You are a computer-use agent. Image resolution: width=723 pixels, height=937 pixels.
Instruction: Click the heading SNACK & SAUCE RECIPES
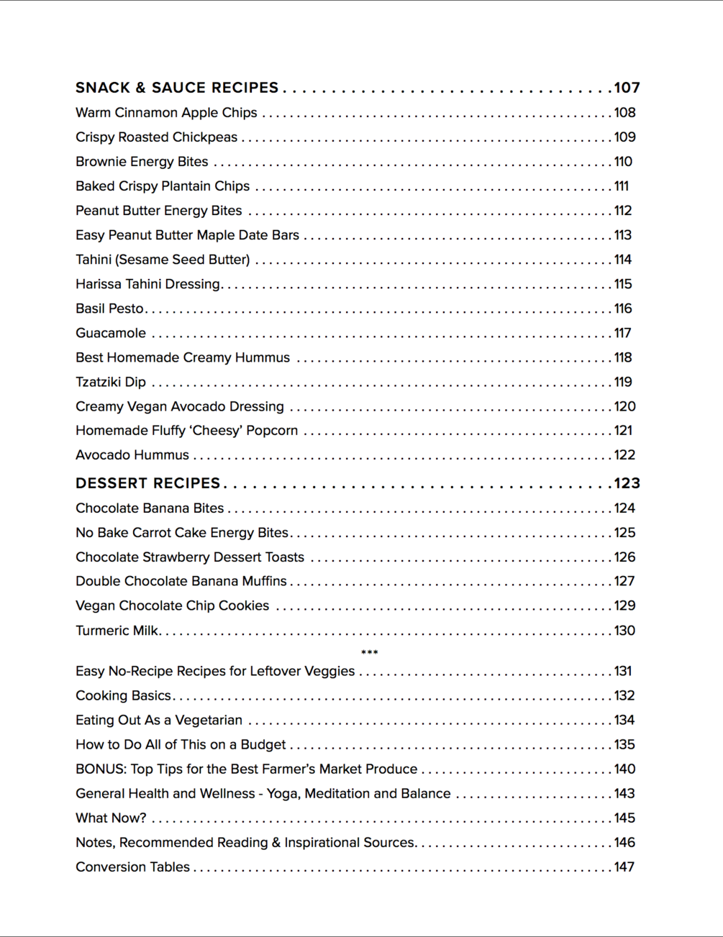pos(177,88)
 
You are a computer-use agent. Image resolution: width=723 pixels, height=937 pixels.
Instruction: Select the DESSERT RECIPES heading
pos(147,483)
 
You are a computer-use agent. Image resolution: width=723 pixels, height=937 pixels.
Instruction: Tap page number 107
pos(627,88)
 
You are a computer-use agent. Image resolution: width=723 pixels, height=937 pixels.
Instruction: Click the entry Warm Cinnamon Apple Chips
pos(166,113)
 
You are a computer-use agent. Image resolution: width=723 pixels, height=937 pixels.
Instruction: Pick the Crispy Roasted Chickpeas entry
pos(156,137)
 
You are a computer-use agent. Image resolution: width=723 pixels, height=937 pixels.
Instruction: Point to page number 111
pos(622,186)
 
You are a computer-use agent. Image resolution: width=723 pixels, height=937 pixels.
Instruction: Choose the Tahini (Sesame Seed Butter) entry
pos(163,260)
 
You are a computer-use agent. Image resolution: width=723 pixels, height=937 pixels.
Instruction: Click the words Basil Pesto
pos(109,308)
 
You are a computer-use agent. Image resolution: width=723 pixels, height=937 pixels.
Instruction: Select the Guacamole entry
pos(111,333)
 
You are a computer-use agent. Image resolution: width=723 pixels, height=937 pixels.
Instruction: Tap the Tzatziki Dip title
pos(111,382)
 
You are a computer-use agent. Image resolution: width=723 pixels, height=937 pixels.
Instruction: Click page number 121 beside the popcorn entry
pos(623,431)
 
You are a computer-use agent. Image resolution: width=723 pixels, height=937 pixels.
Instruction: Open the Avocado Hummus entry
pos(132,455)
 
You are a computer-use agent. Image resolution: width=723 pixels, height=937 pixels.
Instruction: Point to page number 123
pos(627,483)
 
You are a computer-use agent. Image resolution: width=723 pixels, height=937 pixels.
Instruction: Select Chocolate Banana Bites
pos(150,508)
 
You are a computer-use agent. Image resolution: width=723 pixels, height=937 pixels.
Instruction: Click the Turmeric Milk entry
pos(117,631)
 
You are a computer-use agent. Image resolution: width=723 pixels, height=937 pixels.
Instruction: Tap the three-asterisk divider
pos(369,652)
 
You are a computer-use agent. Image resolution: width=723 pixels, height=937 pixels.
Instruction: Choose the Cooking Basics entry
pos(123,695)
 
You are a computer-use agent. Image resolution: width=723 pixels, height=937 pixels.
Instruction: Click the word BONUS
pos(101,769)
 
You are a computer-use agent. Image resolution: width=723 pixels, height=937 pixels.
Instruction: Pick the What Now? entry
pos(111,818)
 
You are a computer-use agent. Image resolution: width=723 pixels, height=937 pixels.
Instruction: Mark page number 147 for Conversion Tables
pos(624,867)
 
